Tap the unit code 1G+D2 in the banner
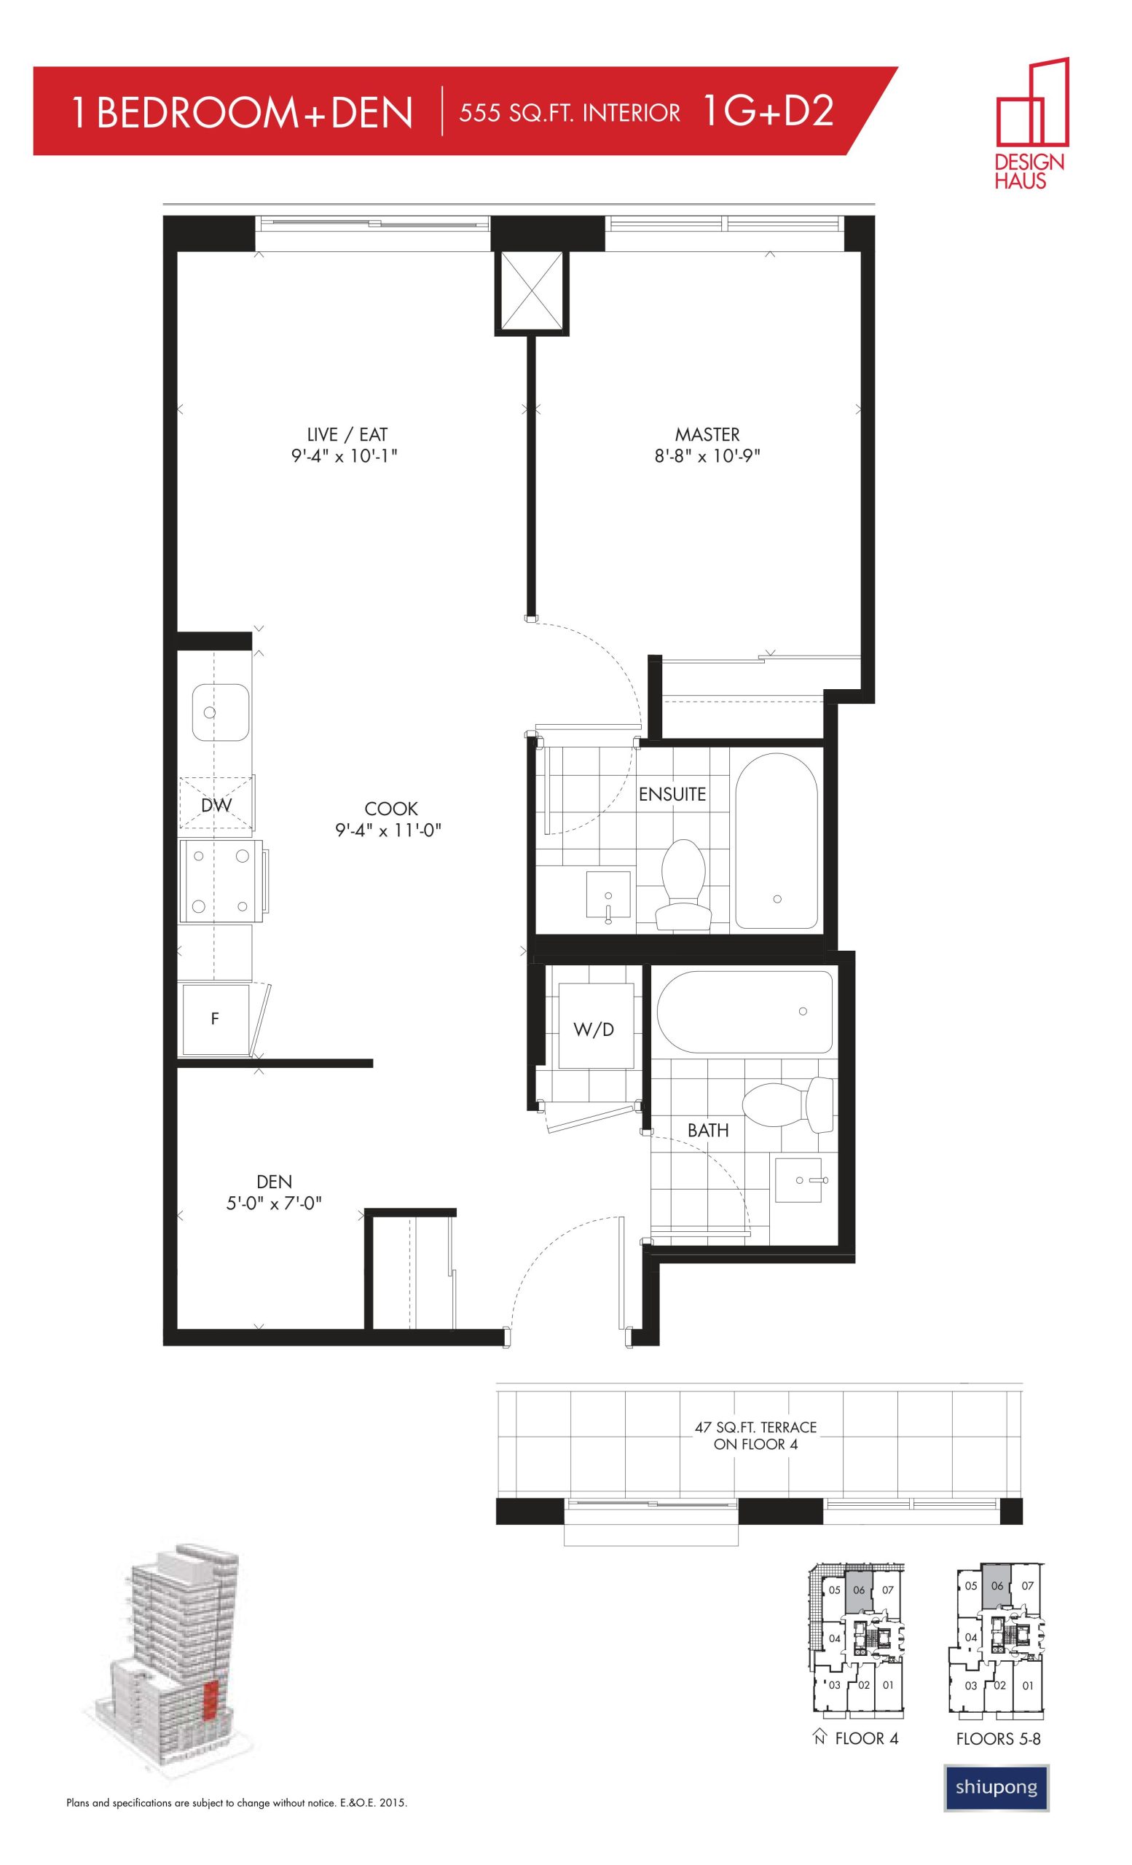(x=768, y=111)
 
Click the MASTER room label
(x=707, y=434)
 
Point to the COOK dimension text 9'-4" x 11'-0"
(x=388, y=831)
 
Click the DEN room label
(x=274, y=1182)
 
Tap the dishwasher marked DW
(x=216, y=804)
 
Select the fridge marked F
(x=215, y=1018)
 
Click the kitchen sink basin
(x=220, y=713)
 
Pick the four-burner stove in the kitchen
(x=221, y=881)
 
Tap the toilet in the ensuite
(x=683, y=883)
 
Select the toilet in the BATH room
(x=787, y=1107)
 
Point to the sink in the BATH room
(x=796, y=1179)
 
